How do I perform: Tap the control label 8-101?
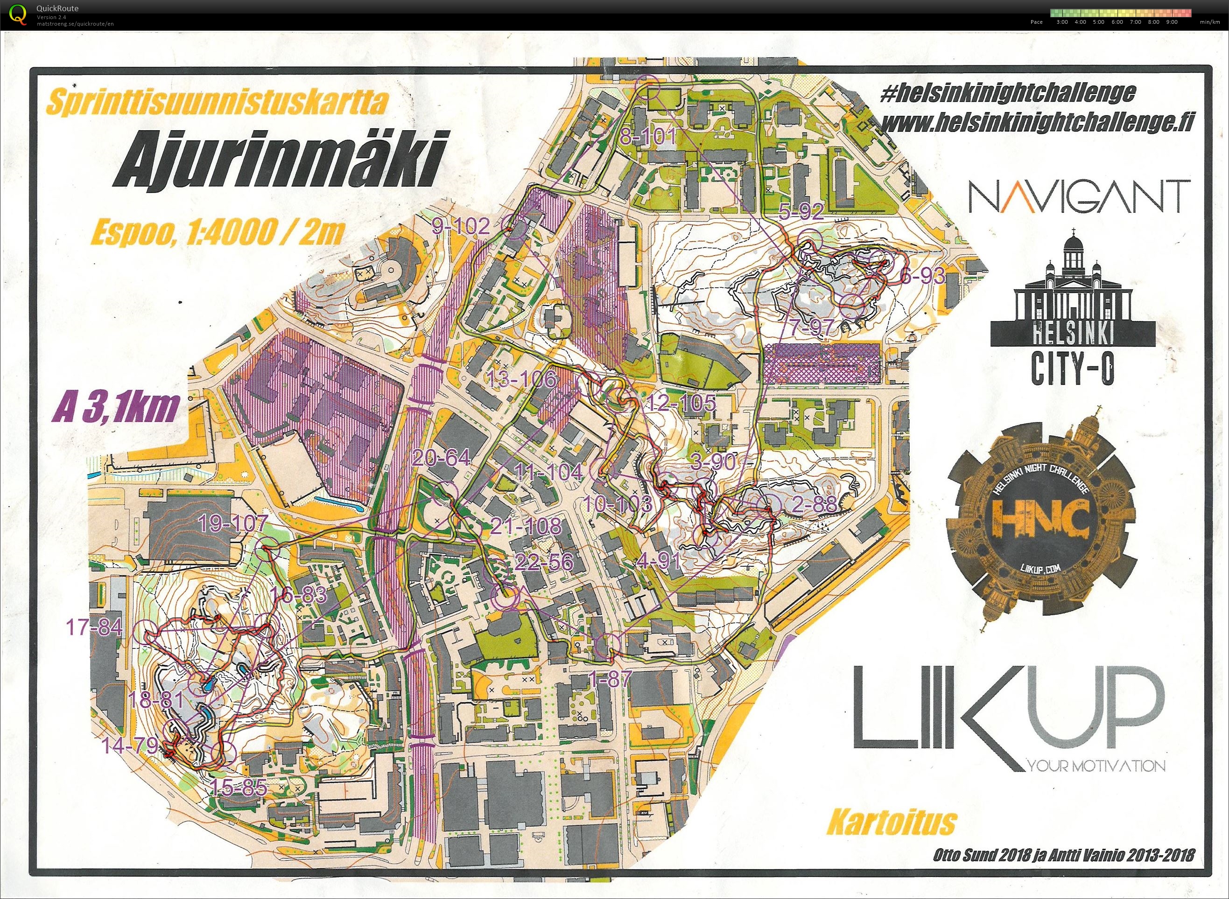[648, 137]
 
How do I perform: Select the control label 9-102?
[461, 226]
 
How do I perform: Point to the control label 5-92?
[801, 211]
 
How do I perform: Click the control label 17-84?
[94, 627]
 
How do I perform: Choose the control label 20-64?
[441, 458]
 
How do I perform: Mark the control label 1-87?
[610, 678]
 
